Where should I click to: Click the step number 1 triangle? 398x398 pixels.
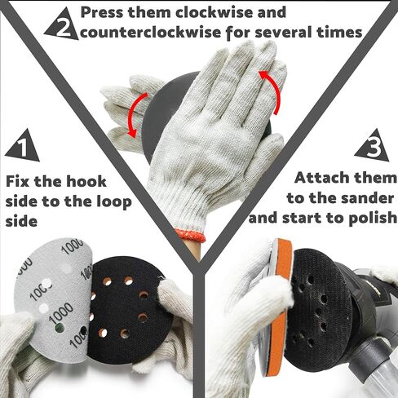point(22,147)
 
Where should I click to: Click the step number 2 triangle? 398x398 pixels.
point(62,26)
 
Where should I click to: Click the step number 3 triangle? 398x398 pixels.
point(373,147)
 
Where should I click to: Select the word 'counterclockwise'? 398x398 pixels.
point(150,33)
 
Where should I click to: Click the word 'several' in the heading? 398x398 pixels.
point(282,33)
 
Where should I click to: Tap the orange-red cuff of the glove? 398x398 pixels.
point(190,236)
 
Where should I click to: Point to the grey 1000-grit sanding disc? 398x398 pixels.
point(53,299)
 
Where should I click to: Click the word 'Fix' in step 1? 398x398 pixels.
point(18,181)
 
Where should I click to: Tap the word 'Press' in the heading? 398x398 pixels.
point(103,12)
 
